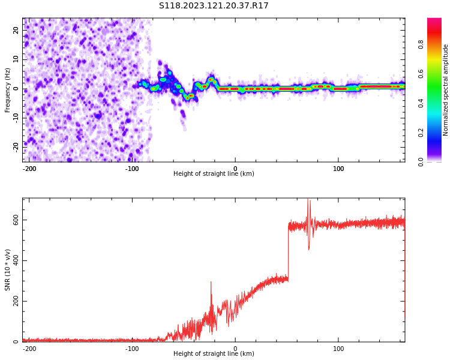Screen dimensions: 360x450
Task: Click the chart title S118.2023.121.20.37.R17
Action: pyautogui.click(x=214, y=6)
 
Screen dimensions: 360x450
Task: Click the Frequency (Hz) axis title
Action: pyautogui.click(x=8, y=90)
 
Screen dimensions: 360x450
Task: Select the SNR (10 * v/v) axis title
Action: pyautogui.click(x=8, y=270)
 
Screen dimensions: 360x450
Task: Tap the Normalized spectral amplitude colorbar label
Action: pyautogui.click(x=446, y=90)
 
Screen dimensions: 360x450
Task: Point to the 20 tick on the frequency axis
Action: pyautogui.click(x=16, y=31)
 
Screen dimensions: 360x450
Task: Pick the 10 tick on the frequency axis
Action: pyautogui.click(x=16, y=59)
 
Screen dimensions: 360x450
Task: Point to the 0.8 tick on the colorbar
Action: pyautogui.click(x=420, y=44)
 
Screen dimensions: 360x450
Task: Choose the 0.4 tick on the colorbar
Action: pyautogui.click(x=420, y=103)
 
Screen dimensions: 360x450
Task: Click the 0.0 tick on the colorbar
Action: pyautogui.click(x=420, y=161)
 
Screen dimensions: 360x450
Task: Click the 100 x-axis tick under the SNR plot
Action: pyautogui.click(x=338, y=348)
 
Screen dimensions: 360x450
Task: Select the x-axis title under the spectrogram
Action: pyautogui.click(x=214, y=174)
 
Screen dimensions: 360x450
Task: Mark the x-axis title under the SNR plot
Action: pyautogui.click(x=214, y=354)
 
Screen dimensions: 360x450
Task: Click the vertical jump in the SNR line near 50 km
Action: pyautogui.click(x=288, y=252)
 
